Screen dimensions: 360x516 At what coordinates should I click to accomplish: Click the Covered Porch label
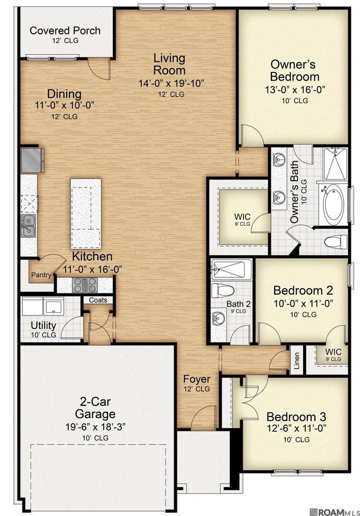pos(65,31)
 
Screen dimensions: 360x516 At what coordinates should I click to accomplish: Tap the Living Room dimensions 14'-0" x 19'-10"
pos(171,83)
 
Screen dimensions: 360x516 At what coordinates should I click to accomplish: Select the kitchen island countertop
pos(86,213)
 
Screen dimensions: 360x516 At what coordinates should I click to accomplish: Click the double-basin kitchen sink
pos(28,226)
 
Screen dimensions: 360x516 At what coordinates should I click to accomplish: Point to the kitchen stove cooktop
pos(84,285)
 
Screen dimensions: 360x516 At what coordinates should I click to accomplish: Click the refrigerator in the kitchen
pos(32,160)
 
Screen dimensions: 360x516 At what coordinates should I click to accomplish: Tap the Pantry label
pos(41,275)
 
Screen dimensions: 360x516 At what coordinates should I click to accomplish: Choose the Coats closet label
pos(98,300)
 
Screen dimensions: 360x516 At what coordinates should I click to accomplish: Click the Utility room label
pos(44,325)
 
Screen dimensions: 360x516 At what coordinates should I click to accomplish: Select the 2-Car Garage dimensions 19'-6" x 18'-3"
pos(96,427)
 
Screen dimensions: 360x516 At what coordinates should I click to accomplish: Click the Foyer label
pos(197,379)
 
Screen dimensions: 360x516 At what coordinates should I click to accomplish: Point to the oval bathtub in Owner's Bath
pos(333,203)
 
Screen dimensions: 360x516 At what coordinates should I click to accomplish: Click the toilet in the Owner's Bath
pos(336,242)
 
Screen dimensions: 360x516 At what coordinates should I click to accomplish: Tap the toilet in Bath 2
pos(222,290)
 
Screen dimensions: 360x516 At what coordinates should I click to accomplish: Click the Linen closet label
pos(297,361)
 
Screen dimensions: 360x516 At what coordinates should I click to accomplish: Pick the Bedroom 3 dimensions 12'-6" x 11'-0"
pos(296,428)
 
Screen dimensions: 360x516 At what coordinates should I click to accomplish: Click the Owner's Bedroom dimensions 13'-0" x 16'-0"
pos(295,90)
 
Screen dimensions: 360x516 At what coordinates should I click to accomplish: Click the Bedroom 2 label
pos(303,291)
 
